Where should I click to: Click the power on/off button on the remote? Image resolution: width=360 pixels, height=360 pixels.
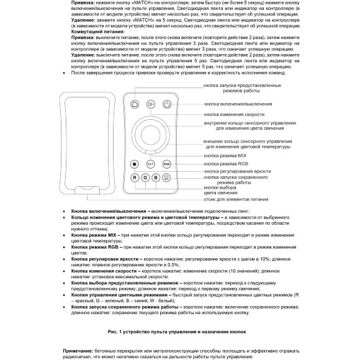(166, 105)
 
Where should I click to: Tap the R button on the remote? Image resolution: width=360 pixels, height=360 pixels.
(134, 178)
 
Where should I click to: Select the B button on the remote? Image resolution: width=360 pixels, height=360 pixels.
(156, 178)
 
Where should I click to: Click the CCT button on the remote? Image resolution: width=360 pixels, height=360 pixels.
(150, 163)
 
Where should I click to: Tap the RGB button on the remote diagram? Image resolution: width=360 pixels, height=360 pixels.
(166, 163)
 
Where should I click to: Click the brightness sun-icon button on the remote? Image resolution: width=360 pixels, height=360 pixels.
(134, 163)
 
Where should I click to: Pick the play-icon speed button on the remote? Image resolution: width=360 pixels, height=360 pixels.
(150, 105)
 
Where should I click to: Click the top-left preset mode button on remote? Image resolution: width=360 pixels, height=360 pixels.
(134, 105)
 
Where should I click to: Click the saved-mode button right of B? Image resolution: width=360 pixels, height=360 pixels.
(166, 178)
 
